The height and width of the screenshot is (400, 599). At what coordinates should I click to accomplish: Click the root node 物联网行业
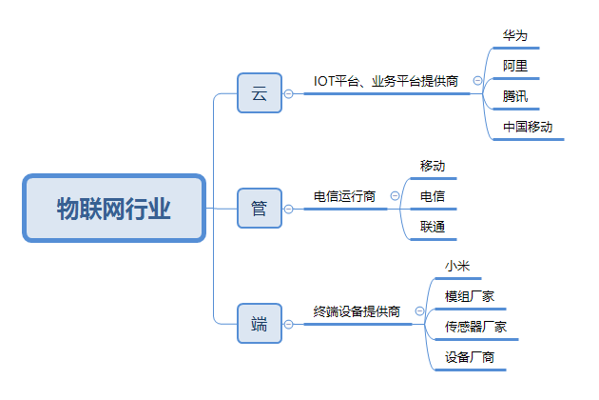pyautogui.click(x=114, y=209)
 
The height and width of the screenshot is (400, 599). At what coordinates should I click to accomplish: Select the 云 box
pyautogui.click(x=260, y=93)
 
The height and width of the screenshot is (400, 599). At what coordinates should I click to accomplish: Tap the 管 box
pyautogui.click(x=260, y=209)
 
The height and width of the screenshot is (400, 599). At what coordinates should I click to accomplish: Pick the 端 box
pyautogui.click(x=260, y=324)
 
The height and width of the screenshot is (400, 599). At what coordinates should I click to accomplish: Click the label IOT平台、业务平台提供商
pyautogui.click(x=387, y=81)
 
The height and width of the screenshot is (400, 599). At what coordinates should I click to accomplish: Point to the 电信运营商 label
pyautogui.click(x=344, y=196)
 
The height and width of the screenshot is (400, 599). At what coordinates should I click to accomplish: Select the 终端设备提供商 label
pyautogui.click(x=357, y=311)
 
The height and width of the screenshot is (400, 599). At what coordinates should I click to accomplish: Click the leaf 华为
pyautogui.click(x=515, y=35)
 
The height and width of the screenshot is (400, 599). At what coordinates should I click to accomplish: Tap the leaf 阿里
pyautogui.click(x=515, y=66)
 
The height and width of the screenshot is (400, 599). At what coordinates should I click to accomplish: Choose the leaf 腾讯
pyautogui.click(x=515, y=96)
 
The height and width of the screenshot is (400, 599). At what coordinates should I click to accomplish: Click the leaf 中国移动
pyautogui.click(x=528, y=127)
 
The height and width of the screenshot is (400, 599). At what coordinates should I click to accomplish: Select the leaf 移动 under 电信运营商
pyautogui.click(x=433, y=166)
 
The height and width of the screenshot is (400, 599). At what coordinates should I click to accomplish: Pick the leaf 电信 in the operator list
pyautogui.click(x=433, y=196)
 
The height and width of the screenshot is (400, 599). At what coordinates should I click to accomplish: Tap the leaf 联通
pyautogui.click(x=433, y=227)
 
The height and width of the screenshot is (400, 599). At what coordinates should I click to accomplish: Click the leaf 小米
pyautogui.click(x=458, y=266)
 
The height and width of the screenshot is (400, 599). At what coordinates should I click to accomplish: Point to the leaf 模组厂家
pyautogui.click(x=470, y=296)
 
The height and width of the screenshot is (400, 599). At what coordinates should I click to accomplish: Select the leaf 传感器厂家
pyautogui.click(x=475, y=327)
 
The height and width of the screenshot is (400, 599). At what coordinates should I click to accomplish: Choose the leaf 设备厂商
pyautogui.click(x=470, y=358)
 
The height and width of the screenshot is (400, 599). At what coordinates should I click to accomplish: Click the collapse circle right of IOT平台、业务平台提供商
pyautogui.click(x=477, y=82)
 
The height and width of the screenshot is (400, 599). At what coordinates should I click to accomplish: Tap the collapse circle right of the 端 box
pyautogui.click(x=290, y=324)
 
